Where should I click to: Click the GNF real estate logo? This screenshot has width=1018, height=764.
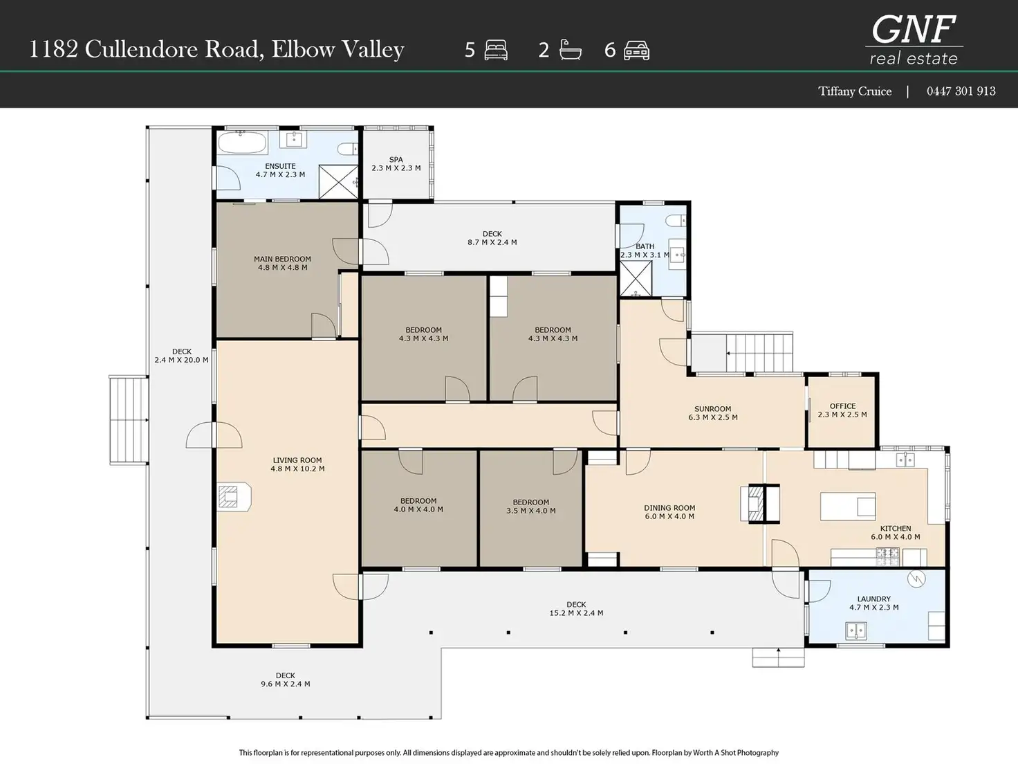coord(914,39)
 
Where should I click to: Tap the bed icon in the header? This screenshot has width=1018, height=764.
coord(496,50)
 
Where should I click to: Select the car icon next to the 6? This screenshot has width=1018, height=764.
coord(636,51)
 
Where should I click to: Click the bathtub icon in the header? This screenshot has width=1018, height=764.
coord(570,50)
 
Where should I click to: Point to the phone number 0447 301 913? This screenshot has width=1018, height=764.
coord(961,91)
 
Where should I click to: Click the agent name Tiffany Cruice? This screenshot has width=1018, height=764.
coord(855,91)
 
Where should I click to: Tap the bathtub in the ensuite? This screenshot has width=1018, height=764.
coord(243,143)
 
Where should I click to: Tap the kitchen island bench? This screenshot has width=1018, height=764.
coord(848,507)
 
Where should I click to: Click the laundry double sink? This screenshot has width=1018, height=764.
coord(856,631)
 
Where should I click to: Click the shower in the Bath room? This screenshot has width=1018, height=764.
coord(636,278)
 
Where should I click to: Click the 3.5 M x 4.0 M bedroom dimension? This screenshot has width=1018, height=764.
coord(531,511)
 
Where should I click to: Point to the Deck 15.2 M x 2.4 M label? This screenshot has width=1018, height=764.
coord(577,608)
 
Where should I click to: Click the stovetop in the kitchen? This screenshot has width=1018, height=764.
coord(888,557)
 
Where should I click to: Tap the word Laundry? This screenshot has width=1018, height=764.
coord(873,599)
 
